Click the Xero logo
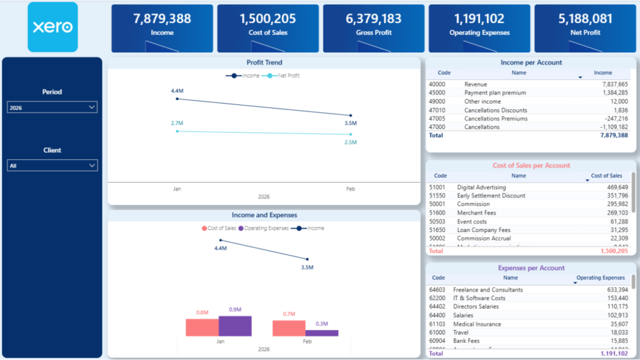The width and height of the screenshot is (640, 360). point(52,27)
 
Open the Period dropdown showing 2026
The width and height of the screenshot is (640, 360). point(52,107)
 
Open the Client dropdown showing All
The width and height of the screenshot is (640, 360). point(52,166)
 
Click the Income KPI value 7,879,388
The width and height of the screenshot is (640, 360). point(162,19)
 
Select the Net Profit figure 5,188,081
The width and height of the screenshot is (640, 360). point(585,19)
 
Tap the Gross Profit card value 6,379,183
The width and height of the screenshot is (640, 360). point(373,19)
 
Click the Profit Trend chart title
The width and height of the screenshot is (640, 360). point(264,62)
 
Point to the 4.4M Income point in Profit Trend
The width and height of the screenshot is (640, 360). point(177,99)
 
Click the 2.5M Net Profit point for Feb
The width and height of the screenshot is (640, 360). point(351,134)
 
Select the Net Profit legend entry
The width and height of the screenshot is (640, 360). point(284,76)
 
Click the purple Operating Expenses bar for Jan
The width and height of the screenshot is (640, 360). point(235,326)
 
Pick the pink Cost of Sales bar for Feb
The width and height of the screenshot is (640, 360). point(289,329)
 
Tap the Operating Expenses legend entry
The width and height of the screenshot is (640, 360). point(266,228)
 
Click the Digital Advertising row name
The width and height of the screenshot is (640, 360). point(482,187)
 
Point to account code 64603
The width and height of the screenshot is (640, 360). point(437,289)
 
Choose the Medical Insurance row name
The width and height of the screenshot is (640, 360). point(477,324)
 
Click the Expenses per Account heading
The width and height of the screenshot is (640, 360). point(531,268)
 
